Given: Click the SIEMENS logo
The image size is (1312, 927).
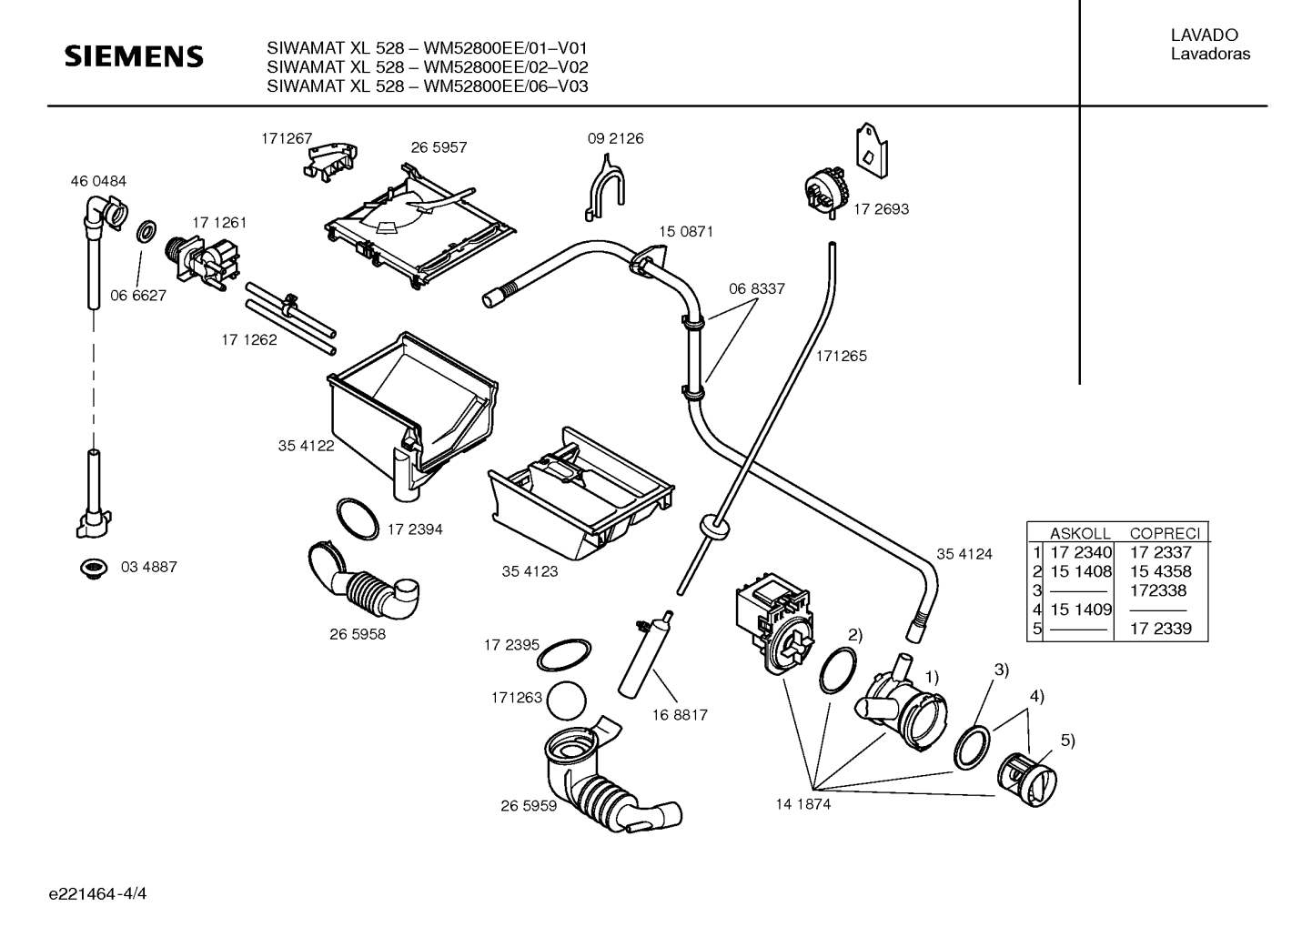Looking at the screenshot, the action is [x=134, y=56].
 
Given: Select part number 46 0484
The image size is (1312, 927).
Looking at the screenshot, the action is [x=98, y=182].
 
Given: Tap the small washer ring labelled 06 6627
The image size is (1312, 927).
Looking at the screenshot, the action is [x=146, y=231].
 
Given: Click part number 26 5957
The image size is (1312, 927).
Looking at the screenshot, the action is [x=439, y=147].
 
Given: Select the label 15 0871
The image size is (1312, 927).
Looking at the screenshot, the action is [x=686, y=232].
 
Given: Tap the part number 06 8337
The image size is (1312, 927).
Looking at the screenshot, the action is [x=757, y=288].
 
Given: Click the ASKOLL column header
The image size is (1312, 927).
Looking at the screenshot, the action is [x=1080, y=533].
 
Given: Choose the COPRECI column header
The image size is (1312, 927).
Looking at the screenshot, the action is [x=1165, y=533].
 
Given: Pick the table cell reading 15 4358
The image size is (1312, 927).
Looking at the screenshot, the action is [x=1161, y=571].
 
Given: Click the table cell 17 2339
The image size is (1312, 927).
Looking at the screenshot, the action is [x=1161, y=629].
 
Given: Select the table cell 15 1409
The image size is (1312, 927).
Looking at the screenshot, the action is [x=1081, y=610].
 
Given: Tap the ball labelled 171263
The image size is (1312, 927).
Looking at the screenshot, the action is [x=567, y=700].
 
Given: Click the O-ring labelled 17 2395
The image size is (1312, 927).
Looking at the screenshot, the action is [x=564, y=655].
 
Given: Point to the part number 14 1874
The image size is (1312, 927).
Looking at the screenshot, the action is [x=803, y=804].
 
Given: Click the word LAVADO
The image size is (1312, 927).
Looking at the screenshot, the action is [x=1205, y=35].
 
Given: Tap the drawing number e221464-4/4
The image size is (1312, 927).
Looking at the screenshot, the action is [x=97, y=894].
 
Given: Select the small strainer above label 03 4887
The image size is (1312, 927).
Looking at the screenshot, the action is [x=94, y=568].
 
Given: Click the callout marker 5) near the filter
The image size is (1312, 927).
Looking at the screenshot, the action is [x=1068, y=741].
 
